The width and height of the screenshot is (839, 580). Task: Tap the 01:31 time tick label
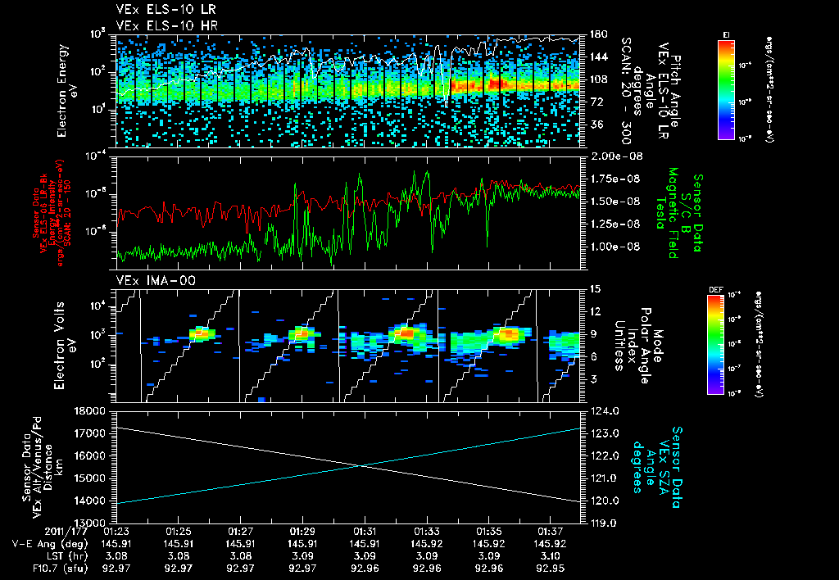(365, 531)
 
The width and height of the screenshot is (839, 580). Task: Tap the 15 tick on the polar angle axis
(595, 289)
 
